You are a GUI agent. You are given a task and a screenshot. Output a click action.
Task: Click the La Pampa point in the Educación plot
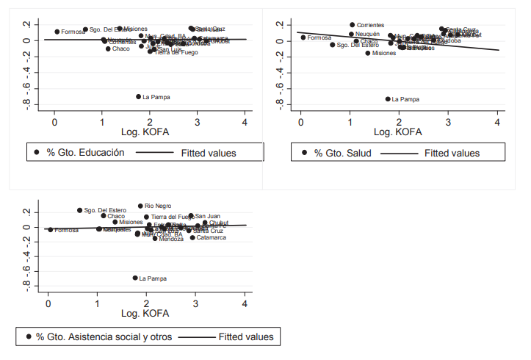(x=138, y=96)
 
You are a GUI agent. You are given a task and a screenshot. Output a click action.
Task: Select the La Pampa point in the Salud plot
(x=388, y=98)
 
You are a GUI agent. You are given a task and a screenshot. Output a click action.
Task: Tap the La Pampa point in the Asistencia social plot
(x=135, y=278)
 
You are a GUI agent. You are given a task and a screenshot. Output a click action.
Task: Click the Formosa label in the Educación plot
(x=73, y=32)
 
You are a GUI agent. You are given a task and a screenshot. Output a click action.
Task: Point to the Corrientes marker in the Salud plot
(x=353, y=25)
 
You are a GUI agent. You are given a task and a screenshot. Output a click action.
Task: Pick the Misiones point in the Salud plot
(x=368, y=53)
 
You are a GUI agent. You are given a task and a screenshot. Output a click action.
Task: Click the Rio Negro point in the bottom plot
(x=140, y=206)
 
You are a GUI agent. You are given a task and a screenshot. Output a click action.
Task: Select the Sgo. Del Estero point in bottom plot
(x=80, y=210)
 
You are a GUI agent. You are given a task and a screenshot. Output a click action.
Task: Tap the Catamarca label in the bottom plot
(x=211, y=237)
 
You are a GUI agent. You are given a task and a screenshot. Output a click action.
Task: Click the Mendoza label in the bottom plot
(x=171, y=239)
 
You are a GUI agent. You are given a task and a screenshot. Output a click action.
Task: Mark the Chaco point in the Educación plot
(x=108, y=48)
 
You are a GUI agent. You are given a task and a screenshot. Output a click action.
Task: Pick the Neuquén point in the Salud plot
(x=352, y=35)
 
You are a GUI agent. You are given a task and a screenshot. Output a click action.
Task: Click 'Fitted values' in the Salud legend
(x=452, y=154)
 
